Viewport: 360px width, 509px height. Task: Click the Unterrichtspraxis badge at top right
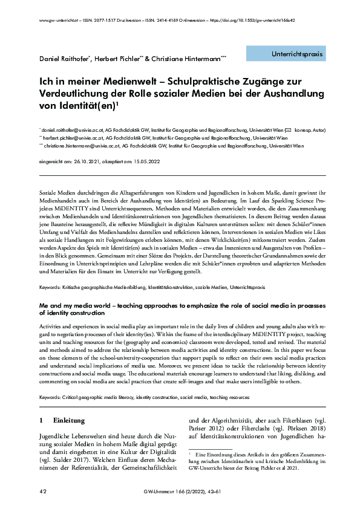pyautogui.click(x=295, y=54)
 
